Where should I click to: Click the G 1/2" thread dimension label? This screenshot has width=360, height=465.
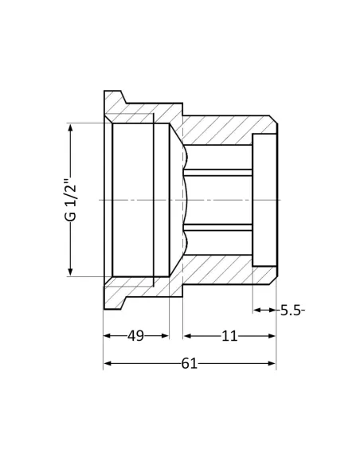click(71, 200)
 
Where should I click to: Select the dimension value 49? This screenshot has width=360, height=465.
click(136, 336)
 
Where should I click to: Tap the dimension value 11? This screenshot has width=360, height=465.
click(229, 336)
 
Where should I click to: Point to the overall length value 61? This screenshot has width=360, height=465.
click(189, 364)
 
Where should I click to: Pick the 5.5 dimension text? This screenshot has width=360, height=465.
click(292, 311)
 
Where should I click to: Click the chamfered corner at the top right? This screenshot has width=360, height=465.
click(273, 119)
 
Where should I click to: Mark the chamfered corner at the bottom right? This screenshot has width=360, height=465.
click(273, 280)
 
